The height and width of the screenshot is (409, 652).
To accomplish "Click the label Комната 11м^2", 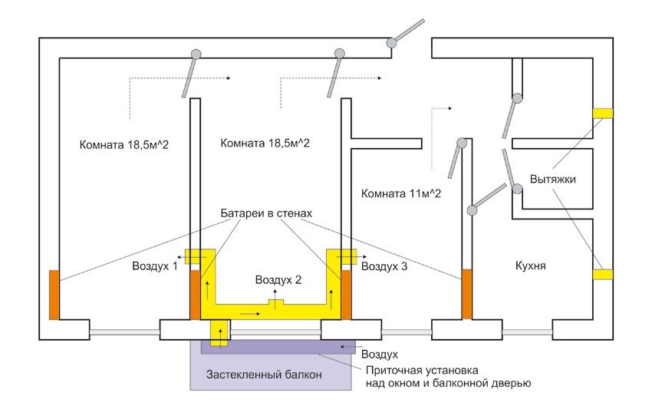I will [400, 193].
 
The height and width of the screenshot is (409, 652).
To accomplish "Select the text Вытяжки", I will [552, 180].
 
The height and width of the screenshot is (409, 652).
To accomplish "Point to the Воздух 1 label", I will [153, 266].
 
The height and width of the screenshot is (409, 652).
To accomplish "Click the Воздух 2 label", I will [278, 279].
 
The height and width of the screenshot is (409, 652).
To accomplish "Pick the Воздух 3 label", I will [384, 267].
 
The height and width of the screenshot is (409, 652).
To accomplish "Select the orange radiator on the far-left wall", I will [54, 294].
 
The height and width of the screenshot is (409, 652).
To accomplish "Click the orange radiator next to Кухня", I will [466, 294].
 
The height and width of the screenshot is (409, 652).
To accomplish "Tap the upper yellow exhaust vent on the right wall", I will [602, 113].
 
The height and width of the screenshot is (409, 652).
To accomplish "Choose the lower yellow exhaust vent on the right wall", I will [602, 274].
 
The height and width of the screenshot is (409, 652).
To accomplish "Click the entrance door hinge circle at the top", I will [392, 43].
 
